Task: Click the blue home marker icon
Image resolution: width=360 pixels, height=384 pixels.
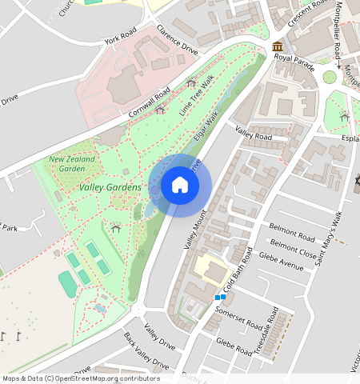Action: tap(180, 186)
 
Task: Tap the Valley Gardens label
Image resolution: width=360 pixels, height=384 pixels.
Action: tap(110, 187)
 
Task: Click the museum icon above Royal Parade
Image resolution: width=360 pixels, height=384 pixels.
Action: tap(277, 46)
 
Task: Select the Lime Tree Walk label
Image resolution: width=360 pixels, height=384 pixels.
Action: tap(197, 96)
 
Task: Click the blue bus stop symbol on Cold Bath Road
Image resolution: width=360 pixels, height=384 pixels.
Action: tap(220, 298)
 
